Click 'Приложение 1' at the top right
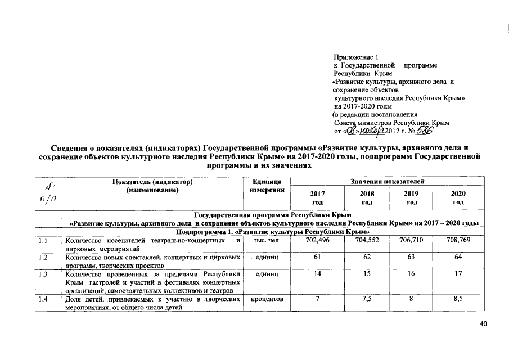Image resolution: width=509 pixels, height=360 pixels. point(353,57)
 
